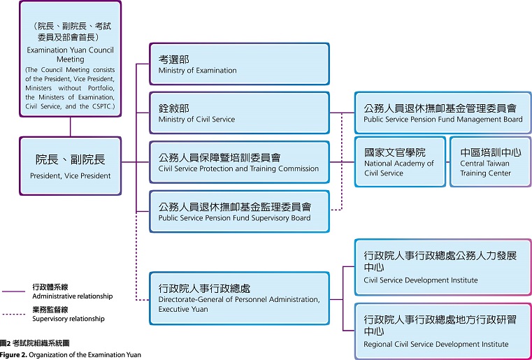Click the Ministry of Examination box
click(240, 64)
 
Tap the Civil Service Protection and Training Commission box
click(240, 161)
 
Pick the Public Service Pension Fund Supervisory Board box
click(240, 210)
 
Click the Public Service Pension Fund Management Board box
click(443, 113)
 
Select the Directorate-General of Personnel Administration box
click(240, 298)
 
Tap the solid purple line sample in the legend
click(13, 291)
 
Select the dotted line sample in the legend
click(13, 313)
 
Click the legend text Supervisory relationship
click(69, 319)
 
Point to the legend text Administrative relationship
click(72, 296)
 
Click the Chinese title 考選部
click(174, 59)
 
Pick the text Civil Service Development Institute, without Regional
click(421, 280)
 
